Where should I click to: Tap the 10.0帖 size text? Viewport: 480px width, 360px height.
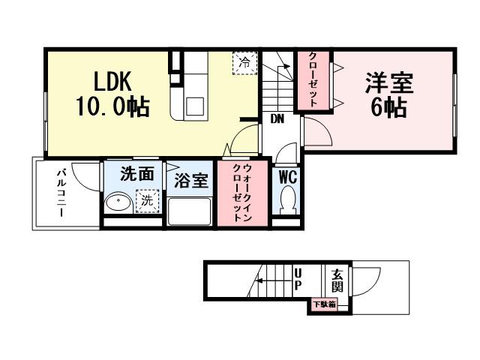[112, 107]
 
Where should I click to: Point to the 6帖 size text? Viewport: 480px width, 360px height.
[388, 108]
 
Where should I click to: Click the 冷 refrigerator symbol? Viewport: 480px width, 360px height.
[244, 63]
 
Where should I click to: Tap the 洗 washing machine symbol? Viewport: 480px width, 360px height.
[148, 200]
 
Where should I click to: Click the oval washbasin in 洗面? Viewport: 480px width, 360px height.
[118, 202]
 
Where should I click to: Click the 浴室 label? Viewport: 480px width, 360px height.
[191, 181]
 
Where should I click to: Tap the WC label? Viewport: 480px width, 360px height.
[288, 178]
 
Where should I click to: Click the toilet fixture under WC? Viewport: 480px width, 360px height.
[288, 201]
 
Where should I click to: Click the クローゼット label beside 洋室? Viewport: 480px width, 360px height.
[313, 80]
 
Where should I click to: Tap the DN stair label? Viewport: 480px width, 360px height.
[277, 118]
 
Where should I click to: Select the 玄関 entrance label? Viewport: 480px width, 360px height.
[337, 280]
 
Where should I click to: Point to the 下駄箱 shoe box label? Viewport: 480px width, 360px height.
[324, 304]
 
